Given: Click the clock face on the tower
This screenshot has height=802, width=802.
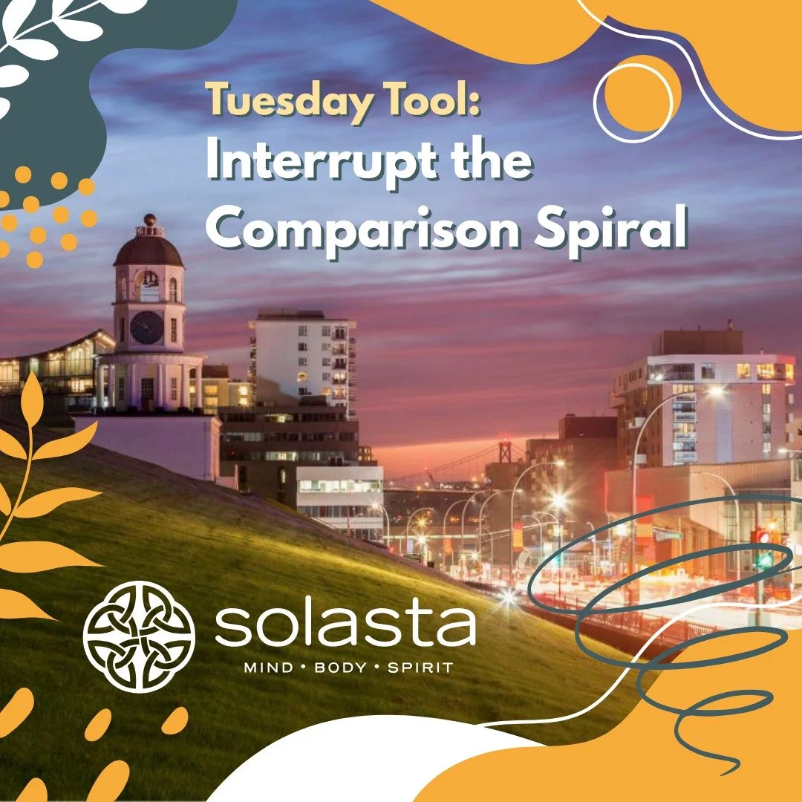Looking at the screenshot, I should (x=147, y=327).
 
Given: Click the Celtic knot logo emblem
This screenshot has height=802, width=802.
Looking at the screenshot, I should (x=139, y=636).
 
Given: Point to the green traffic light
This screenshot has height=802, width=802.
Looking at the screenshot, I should (x=763, y=561).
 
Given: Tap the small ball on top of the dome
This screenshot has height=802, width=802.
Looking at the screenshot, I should (x=150, y=220).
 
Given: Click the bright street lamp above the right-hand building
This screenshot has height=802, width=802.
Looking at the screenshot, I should (x=715, y=390).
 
